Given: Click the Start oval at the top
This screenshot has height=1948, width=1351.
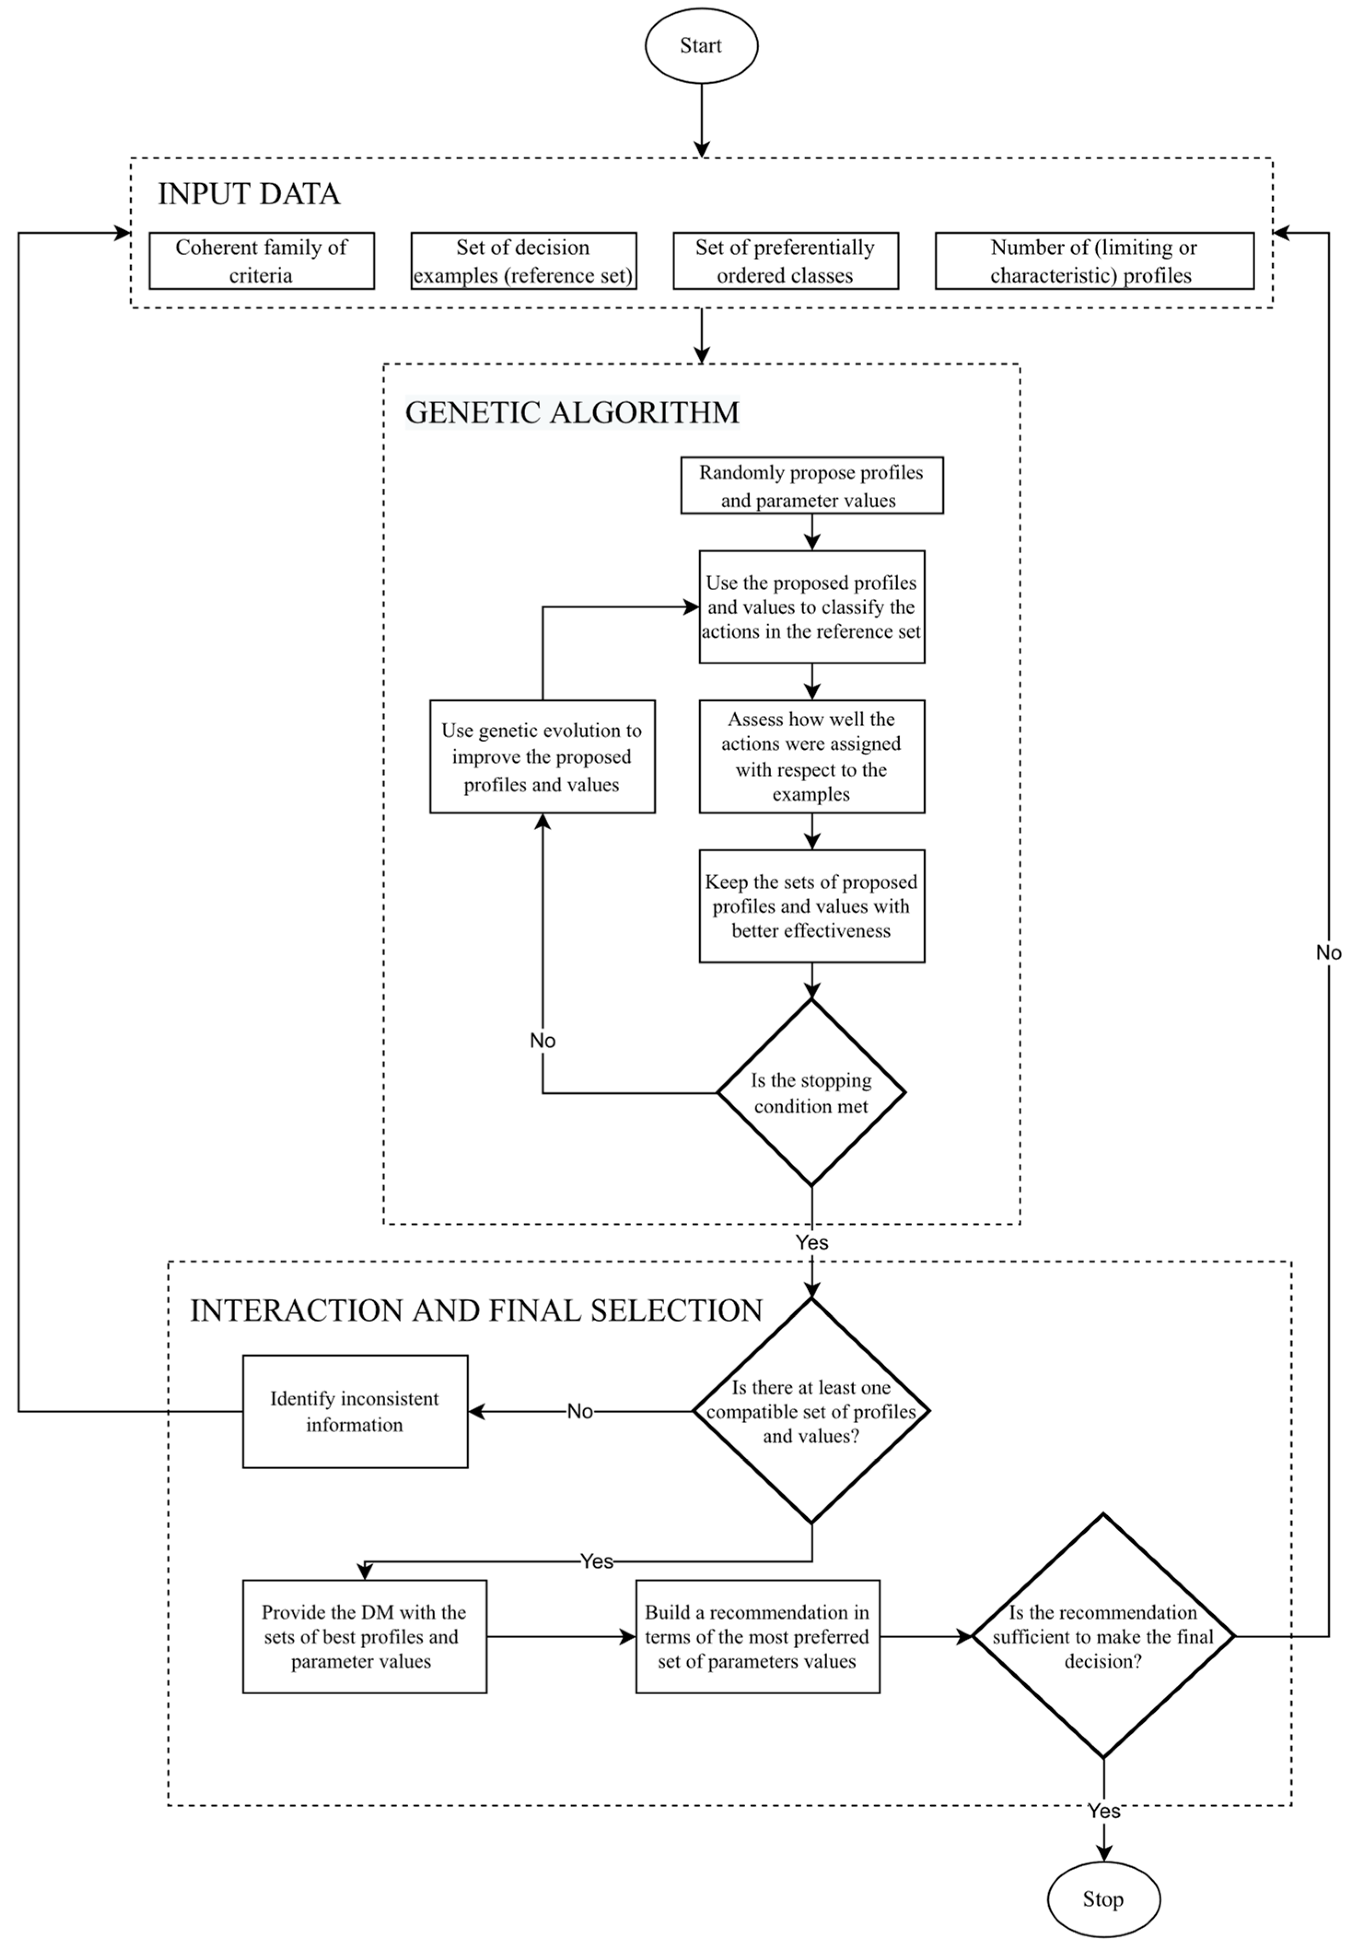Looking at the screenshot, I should [x=701, y=46].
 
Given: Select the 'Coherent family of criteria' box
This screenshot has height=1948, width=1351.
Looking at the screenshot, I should [x=261, y=261].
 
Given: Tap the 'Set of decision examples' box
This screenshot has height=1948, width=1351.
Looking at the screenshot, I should [x=523, y=261].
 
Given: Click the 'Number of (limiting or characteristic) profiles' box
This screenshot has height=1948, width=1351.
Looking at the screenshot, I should [x=1094, y=261].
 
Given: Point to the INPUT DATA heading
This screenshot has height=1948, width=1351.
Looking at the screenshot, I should [x=249, y=194].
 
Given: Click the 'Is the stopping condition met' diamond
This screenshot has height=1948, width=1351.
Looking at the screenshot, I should [x=811, y=1092].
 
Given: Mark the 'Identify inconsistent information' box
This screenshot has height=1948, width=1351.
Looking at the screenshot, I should [x=355, y=1411].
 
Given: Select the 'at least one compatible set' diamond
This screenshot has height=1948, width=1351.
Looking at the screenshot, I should [x=811, y=1411].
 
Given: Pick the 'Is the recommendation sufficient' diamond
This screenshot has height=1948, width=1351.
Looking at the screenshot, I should [x=1103, y=1636].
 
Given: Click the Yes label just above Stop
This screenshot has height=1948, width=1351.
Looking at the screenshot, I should [x=1104, y=1811].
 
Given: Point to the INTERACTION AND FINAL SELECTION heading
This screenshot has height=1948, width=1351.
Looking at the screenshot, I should [x=476, y=1310].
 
